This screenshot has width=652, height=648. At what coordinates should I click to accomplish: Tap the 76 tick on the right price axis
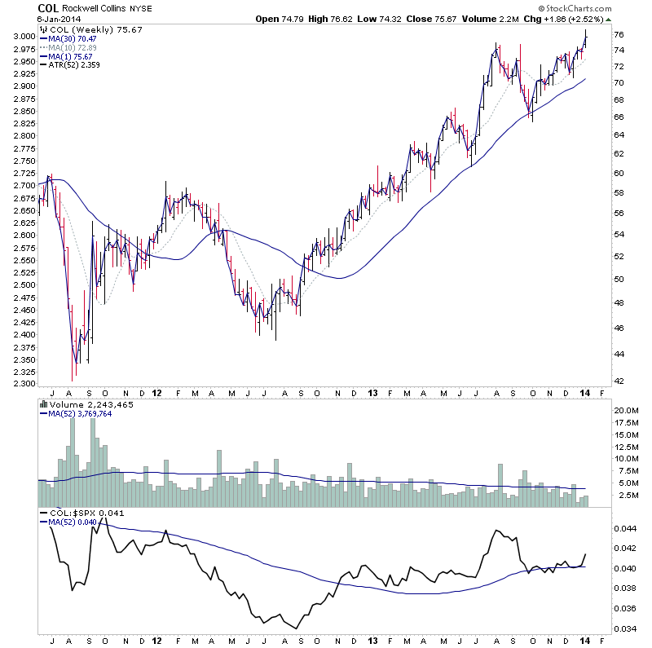(619, 34)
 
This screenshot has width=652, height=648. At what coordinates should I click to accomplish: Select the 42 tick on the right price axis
(619, 381)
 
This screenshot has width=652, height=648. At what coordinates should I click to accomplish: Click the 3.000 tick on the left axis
(24, 37)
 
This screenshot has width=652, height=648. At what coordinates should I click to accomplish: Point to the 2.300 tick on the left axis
(24, 384)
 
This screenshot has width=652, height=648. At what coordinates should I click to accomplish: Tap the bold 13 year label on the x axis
(372, 391)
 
